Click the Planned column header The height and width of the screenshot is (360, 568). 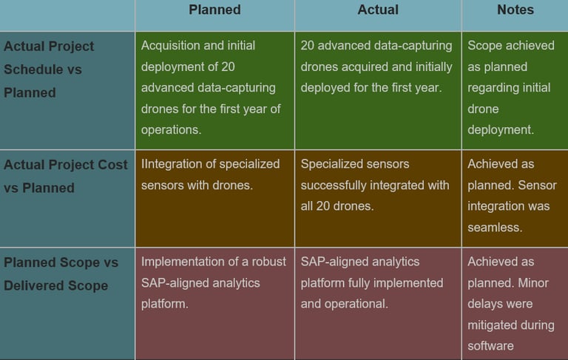[x=214, y=10]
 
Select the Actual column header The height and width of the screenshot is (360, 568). [x=378, y=10]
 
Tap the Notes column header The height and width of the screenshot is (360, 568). [x=515, y=10]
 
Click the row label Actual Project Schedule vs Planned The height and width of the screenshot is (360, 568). [x=49, y=69]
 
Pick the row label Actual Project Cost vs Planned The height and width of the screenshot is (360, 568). [x=66, y=177]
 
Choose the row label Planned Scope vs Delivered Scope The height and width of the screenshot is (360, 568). [x=61, y=274]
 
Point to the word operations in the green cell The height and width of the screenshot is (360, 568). [x=171, y=130]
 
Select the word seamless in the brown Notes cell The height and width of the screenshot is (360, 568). [x=495, y=228]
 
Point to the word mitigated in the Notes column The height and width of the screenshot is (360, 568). [x=493, y=325]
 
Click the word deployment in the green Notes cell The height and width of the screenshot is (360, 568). [x=501, y=130]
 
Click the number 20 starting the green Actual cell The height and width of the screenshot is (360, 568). [x=308, y=46]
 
